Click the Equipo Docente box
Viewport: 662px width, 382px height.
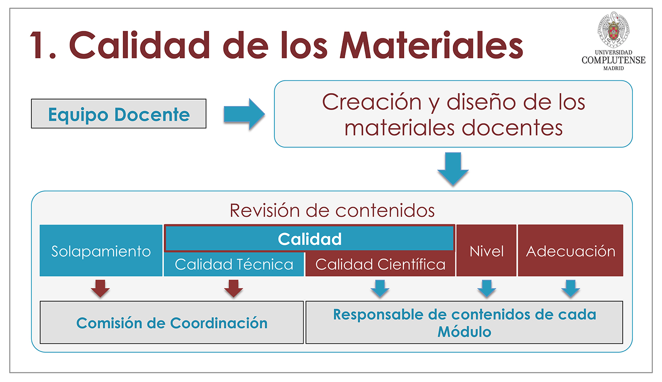(118, 114)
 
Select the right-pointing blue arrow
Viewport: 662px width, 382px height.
(244, 114)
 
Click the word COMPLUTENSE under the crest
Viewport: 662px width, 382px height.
(613, 60)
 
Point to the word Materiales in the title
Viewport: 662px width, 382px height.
(431, 45)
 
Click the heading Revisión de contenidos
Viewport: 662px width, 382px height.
(332, 210)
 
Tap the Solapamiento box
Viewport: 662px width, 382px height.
(101, 251)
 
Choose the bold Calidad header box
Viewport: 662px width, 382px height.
(309, 239)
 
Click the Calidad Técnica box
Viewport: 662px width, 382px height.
(234, 265)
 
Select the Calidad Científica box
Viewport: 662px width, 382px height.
(380, 265)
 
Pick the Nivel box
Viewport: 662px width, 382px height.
(486, 251)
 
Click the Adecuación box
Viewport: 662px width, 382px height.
(570, 251)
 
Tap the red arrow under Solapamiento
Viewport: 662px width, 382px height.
(100, 288)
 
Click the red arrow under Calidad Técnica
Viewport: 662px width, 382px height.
(233, 288)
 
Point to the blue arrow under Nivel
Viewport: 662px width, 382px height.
(487, 288)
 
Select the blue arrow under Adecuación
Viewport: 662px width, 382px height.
(571, 288)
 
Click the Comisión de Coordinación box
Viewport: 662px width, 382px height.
(172, 323)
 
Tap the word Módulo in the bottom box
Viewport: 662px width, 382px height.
(464, 332)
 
